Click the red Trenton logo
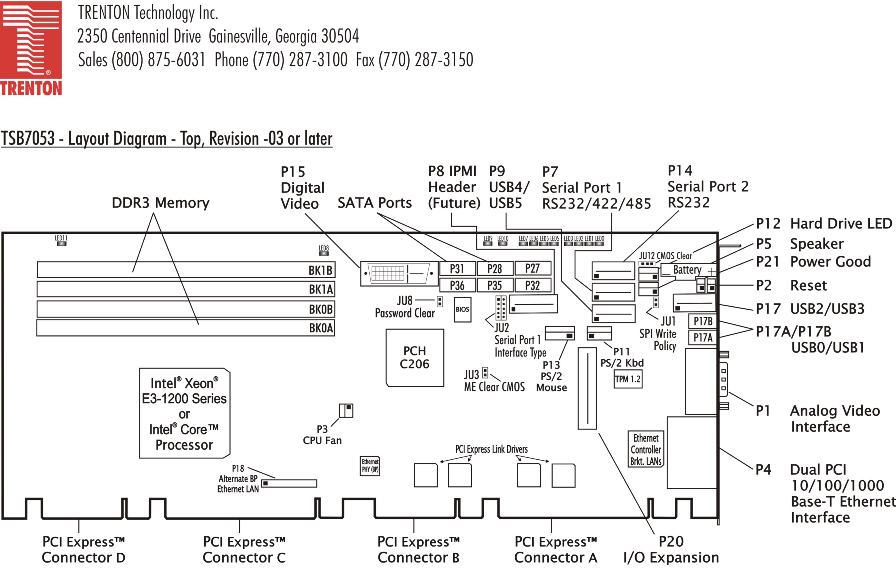(31, 48)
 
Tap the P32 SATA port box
(532, 285)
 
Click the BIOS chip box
(462, 309)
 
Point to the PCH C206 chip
(415, 357)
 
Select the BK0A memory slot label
(321, 328)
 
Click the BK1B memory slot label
(320, 270)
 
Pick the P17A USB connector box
(703, 337)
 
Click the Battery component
(688, 270)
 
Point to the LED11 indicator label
(61, 238)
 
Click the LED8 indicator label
(324, 248)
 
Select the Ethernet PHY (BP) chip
(370, 466)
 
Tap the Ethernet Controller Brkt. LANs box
(646, 449)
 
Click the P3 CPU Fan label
(322, 435)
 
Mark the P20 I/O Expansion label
(671, 549)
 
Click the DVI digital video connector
(399, 273)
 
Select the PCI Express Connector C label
(244, 549)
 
